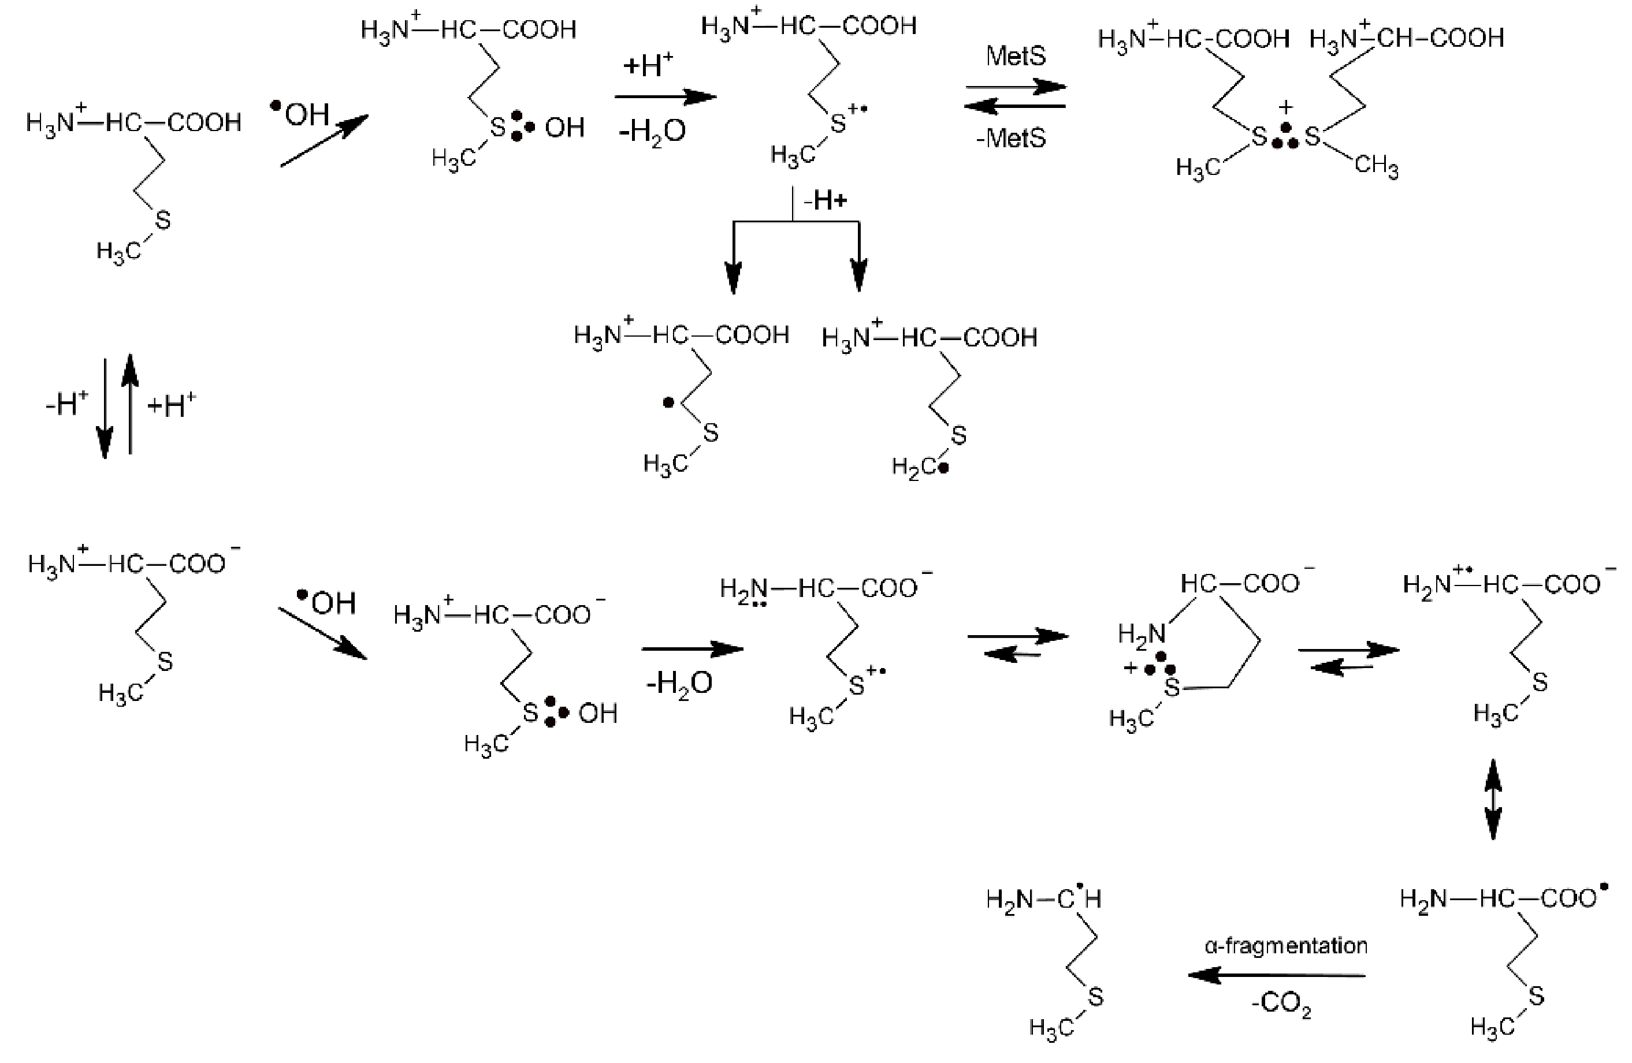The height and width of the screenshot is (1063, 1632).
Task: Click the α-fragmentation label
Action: click(1286, 946)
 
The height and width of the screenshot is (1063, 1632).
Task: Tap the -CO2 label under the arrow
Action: click(1281, 1005)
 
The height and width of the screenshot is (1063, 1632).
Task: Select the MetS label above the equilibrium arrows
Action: click(1016, 56)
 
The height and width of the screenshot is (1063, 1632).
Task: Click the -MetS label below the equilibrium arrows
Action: click(1012, 139)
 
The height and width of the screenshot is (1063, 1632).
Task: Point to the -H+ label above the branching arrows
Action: click(826, 201)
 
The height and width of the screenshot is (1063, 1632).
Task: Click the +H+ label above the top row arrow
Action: click(648, 66)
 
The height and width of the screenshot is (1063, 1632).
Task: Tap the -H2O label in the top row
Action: click(652, 130)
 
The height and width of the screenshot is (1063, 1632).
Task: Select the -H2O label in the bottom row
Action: click(679, 682)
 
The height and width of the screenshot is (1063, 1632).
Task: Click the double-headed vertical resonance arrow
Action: click(1493, 799)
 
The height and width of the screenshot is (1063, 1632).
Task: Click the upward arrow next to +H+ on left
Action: click(131, 404)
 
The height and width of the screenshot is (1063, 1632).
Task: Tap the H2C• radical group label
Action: click(920, 468)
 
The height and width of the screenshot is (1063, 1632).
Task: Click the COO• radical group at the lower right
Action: click(1574, 898)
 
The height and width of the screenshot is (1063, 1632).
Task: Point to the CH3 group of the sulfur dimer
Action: click(1376, 166)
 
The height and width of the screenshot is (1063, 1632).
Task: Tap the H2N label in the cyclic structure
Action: click(1141, 634)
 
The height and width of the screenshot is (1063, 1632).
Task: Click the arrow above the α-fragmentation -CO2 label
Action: click(1277, 975)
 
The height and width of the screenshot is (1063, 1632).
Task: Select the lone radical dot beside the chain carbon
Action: click(668, 403)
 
